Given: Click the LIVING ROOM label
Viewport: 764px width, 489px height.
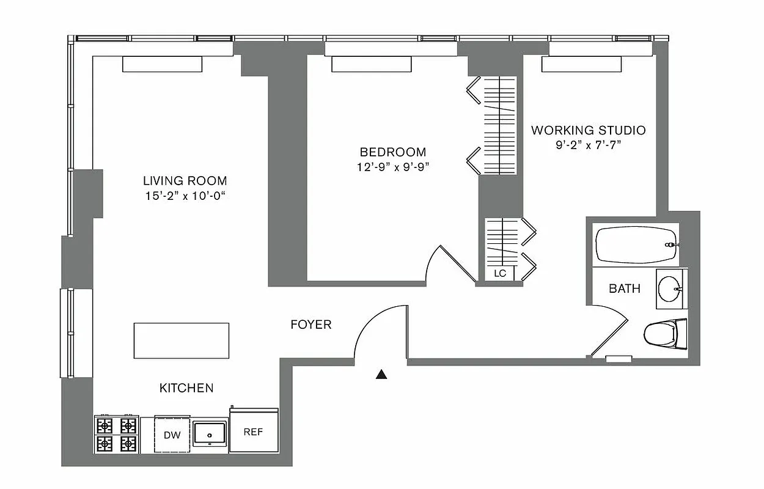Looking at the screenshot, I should click(185, 181).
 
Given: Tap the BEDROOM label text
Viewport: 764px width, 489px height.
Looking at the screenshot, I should click(392, 152).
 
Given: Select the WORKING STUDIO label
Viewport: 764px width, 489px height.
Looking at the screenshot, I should click(588, 130).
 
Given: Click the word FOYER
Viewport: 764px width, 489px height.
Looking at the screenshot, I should click(310, 325).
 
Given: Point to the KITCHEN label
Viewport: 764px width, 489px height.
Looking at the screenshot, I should click(186, 388).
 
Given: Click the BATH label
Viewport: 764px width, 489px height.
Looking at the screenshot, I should click(624, 289).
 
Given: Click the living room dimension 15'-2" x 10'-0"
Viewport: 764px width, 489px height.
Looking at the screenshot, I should click(185, 196).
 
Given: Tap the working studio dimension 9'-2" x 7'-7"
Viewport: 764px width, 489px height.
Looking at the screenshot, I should click(588, 145).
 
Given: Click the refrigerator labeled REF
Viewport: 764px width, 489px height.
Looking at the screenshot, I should click(253, 432).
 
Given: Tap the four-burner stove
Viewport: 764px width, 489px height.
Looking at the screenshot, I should click(116, 434).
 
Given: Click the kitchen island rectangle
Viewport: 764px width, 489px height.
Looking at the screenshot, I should click(182, 340).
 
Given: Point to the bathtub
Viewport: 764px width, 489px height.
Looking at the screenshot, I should click(636, 244).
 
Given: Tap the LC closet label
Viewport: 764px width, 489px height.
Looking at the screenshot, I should click(500, 273).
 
